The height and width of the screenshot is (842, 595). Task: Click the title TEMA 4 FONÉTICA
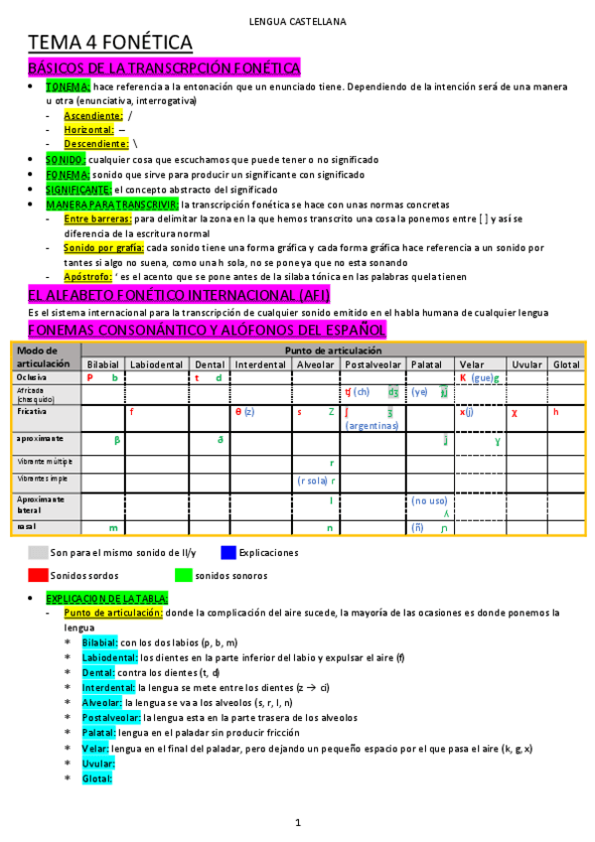(109, 43)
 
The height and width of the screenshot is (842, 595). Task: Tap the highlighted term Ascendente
(92, 116)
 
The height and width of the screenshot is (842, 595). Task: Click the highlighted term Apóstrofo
(86, 276)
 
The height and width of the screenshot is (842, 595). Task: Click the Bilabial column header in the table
(102, 364)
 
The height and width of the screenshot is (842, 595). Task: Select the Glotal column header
(565, 364)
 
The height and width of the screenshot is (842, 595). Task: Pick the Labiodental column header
(156, 364)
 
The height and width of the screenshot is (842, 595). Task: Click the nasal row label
(27, 527)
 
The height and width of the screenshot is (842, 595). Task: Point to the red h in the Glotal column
(556, 412)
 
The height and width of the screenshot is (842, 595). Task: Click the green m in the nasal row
(113, 528)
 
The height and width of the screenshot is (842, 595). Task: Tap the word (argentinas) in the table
(372, 426)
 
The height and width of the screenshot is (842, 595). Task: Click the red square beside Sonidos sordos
(38, 575)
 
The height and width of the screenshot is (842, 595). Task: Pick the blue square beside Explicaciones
(229, 552)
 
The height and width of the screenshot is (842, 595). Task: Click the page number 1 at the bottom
(297, 823)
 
